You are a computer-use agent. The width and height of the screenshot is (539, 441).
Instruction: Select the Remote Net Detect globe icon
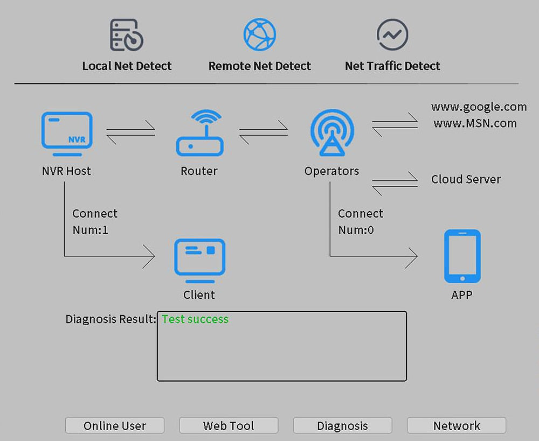tap(260, 34)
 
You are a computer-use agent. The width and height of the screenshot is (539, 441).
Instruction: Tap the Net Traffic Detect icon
tap(392, 34)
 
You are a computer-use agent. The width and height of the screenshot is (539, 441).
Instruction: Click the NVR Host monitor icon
tap(67, 130)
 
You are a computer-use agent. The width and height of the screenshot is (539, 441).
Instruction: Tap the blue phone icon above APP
tap(462, 256)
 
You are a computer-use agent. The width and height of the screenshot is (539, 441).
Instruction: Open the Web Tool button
tap(229, 425)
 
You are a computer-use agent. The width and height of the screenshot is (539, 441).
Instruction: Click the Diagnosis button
tap(342, 425)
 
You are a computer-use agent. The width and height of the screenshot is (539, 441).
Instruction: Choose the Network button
tap(457, 425)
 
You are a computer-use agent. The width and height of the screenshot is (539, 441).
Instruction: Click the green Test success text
tap(195, 319)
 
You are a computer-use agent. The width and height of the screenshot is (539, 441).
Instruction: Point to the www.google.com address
tap(479, 107)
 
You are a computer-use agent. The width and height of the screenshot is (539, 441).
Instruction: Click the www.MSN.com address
tap(475, 123)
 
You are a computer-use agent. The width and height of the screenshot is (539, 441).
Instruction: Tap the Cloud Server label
tap(466, 179)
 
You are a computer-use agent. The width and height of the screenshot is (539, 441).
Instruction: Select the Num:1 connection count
tap(91, 230)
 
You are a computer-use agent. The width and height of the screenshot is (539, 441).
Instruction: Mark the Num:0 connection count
tap(356, 230)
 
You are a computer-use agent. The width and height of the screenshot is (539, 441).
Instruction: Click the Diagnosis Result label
tap(110, 319)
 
